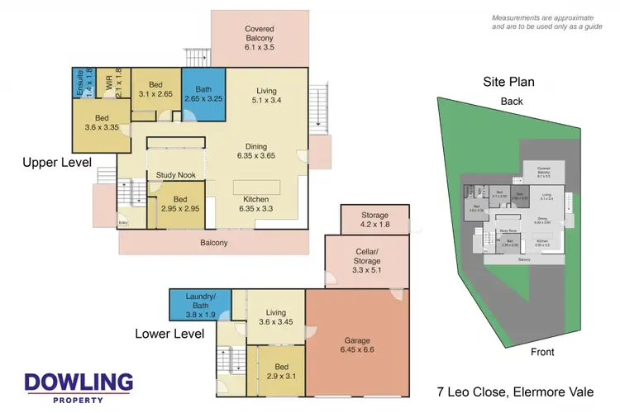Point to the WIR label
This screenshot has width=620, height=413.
107,83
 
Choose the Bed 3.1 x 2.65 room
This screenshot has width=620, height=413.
156,89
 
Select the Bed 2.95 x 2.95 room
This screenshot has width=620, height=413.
179,204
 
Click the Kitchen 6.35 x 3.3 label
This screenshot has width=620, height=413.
255,204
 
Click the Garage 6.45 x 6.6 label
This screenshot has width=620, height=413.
357,344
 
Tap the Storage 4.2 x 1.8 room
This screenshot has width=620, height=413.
374,219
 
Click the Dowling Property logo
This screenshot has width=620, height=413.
78,387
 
